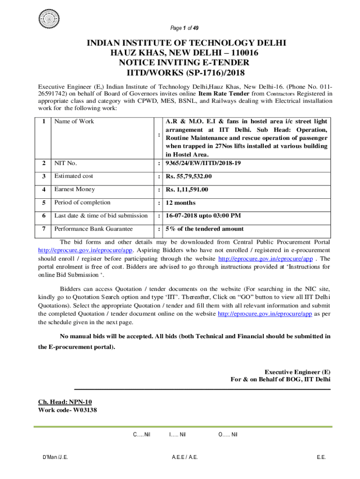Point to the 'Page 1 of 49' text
point(186,28)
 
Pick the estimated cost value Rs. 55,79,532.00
point(188,176)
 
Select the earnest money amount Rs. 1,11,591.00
point(187,189)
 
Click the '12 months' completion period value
point(178,203)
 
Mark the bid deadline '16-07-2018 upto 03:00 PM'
point(203,216)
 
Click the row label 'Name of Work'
point(74,122)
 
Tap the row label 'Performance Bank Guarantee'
point(94,229)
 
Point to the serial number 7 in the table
point(43,229)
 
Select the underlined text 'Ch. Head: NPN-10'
point(68,402)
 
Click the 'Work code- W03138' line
point(67,410)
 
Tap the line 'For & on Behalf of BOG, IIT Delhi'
point(281,379)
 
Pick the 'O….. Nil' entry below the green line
point(228,435)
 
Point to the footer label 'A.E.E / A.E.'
point(185,457)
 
